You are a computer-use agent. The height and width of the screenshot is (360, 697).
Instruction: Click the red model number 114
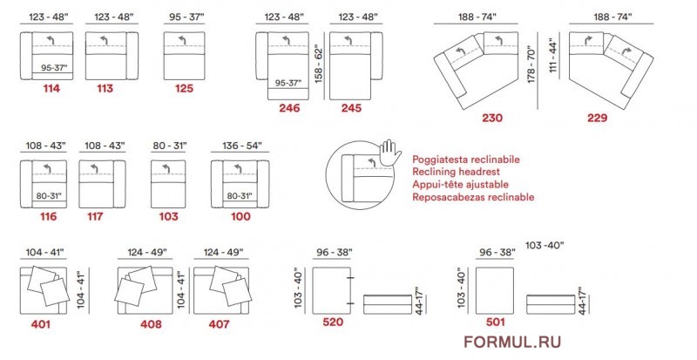[x=51, y=89]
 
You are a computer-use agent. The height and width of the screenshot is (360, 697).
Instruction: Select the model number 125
[x=184, y=89]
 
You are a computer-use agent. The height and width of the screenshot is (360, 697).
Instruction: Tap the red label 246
[x=289, y=108]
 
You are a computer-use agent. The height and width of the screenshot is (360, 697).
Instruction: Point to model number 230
[x=492, y=118]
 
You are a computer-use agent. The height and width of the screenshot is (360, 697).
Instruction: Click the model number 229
[x=597, y=118]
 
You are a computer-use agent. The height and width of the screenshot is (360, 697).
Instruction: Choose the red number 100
[x=240, y=217]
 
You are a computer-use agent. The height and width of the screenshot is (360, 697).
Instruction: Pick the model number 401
[x=40, y=324]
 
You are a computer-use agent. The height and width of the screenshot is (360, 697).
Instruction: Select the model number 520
[x=333, y=322]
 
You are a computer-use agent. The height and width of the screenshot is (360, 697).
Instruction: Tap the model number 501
[x=495, y=322]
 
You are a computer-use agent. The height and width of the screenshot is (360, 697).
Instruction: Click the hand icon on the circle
[x=390, y=153]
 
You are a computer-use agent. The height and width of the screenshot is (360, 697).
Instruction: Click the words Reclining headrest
[x=456, y=172]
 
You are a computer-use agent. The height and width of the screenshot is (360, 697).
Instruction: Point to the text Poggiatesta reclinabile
[x=466, y=160]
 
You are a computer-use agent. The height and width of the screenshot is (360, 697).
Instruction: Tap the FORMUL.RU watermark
[x=512, y=342]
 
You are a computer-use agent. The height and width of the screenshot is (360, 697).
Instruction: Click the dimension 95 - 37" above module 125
[x=186, y=17]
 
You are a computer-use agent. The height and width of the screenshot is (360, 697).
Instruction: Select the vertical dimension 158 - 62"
[x=319, y=63]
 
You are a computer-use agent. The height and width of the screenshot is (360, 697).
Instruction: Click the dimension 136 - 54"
[x=242, y=146]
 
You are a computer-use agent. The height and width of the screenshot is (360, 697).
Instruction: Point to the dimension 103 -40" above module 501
[x=545, y=245]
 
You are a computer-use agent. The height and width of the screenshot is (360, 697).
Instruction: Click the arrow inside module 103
[x=166, y=168]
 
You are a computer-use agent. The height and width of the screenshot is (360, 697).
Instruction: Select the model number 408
[x=151, y=324]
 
